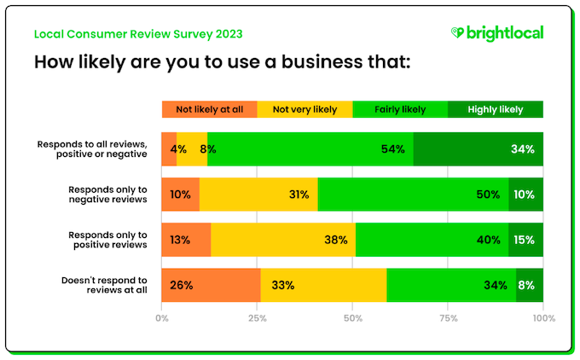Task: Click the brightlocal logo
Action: pyautogui.click(x=496, y=33)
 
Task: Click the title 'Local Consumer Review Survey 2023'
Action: pyautogui.click(x=138, y=34)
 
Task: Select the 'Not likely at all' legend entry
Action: pyautogui.click(x=209, y=109)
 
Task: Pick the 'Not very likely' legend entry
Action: pyautogui.click(x=304, y=109)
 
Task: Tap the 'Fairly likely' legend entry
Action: pyautogui.click(x=400, y=109)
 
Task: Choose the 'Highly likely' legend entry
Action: pyautogui.click(x=496, y=109)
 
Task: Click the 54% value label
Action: pyautogui.click(x=393, y=149)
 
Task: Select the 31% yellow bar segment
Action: pyautogui.click(x=258, y=195)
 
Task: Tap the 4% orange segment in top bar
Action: pyautogui.click(x=169, y=149)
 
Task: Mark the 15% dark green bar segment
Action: pyautogui.click(x=524, y=240)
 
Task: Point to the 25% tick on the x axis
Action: pyautogui.click(x=257, y=318)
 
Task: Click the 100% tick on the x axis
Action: pyautogui.click(x=543, y=318)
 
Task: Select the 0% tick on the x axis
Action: pyautogui.click(x=162, y=318)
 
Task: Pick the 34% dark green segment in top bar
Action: pyautogui.click(x=478, y=149)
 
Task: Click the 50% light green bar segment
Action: pyautogui.click(x=413, y=195)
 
